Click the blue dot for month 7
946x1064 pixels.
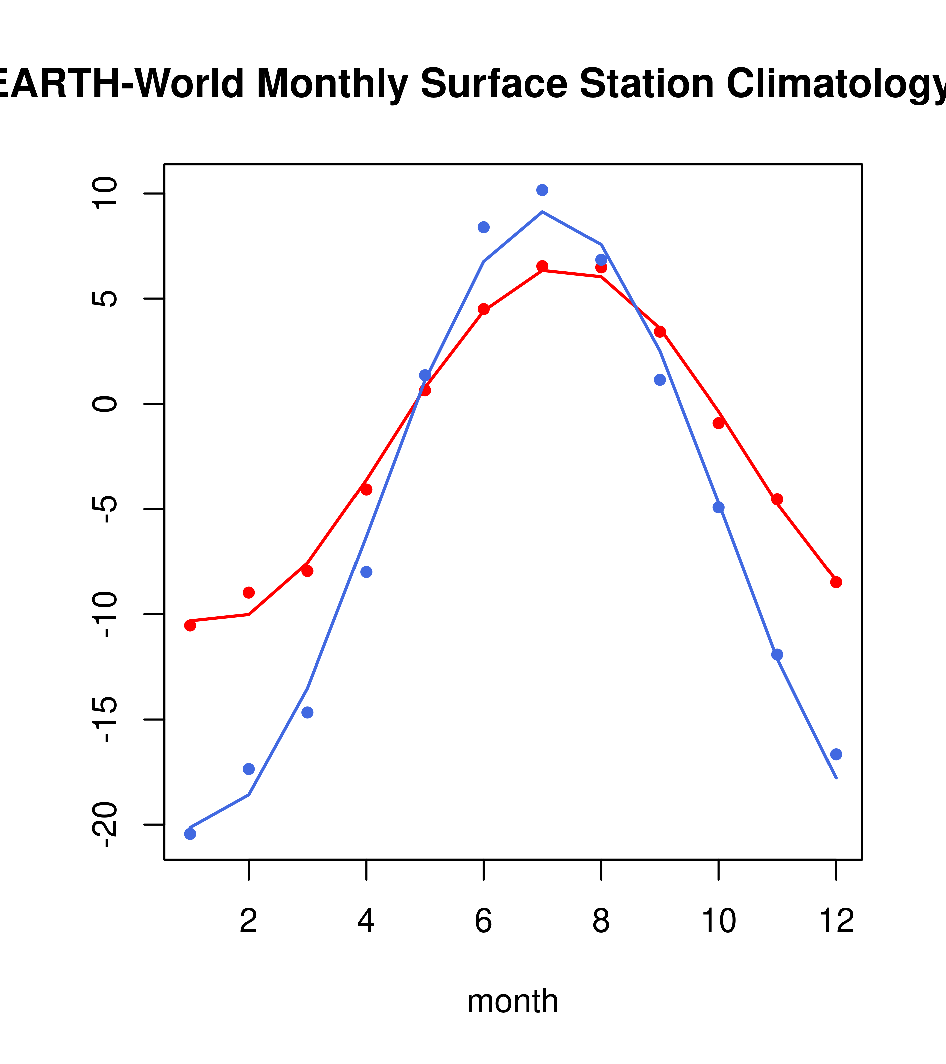click(x=542, y=190)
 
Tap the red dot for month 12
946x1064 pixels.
click(x=836, y=582)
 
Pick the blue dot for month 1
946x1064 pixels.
click(x=190, y=834)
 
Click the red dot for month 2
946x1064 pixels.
click(x=249, y=592)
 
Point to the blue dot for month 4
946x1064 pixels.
click(x=366, y=572)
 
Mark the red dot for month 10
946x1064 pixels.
click(x=718, y=423)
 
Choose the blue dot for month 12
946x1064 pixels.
click(x=836, y=754)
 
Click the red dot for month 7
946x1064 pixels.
click(x=542, y=266)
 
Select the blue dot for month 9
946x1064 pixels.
click(x=660, y=380)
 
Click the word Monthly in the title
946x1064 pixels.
click(x=332, y=83)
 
